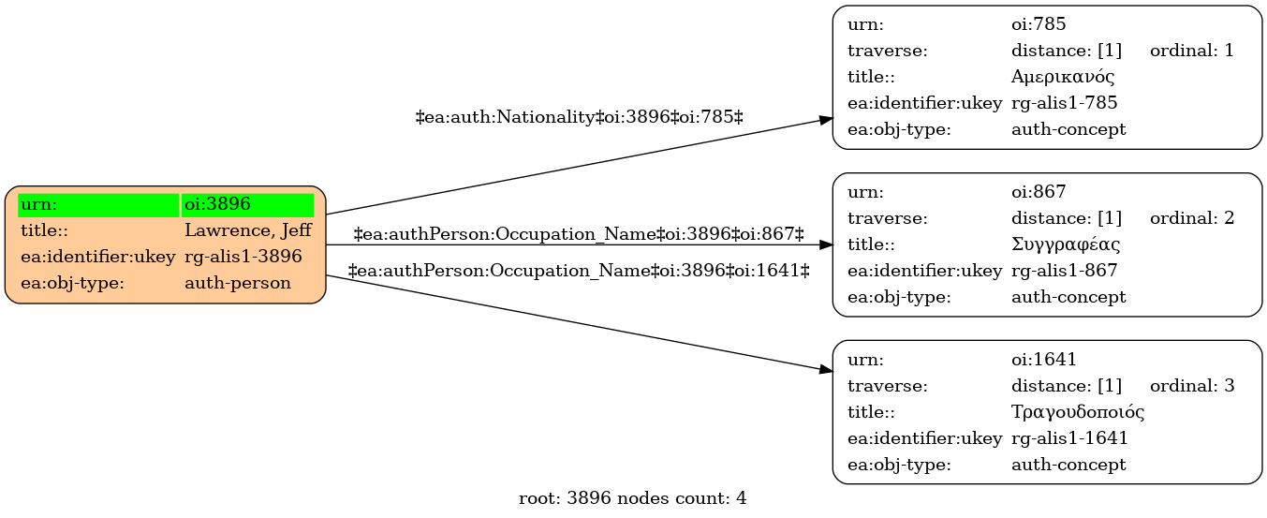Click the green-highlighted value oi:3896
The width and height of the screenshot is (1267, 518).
(218, 204)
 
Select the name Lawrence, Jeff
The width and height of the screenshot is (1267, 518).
(248, 230)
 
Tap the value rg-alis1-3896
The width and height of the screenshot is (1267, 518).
(243, 257)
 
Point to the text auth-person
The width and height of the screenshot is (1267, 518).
(238, 283)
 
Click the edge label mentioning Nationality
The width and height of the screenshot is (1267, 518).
(580, 117)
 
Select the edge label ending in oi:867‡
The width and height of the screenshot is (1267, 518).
(579, 233)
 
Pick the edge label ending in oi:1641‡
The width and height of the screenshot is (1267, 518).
(579, 271)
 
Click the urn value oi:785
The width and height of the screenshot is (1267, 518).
(1039, 24)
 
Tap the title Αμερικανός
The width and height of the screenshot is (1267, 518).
(1063, 77)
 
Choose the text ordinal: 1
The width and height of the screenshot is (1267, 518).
(1192, 51)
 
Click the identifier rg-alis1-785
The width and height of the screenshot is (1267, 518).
(1065, 103)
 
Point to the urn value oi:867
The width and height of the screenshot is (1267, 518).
(1039, 192)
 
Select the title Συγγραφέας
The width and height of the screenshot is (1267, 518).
(1066, 244)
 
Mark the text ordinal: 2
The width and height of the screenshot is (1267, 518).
(1192, 217)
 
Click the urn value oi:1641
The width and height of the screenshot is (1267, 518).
(1043, 359)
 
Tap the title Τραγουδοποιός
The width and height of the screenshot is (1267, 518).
(1078, 412)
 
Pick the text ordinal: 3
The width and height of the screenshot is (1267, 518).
(1192, 386)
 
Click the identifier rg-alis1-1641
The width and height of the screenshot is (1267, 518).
(1069, 438)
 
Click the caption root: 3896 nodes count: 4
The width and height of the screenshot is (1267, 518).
(632, 498)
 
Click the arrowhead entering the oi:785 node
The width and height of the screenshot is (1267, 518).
(826, 120)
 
